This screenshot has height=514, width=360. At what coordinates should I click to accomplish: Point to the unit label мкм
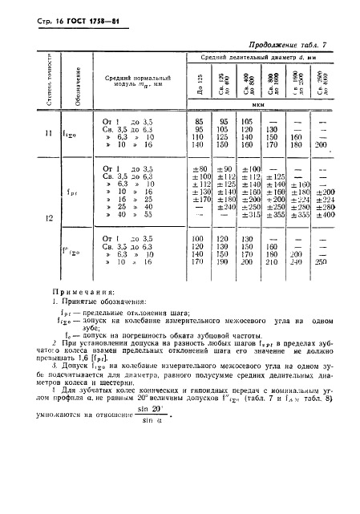coord(258,103)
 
